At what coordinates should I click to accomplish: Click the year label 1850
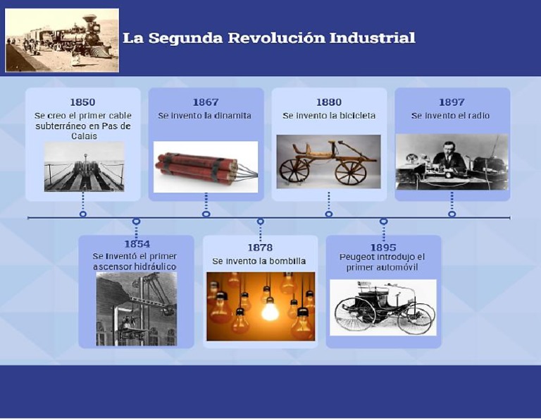coord(82,102)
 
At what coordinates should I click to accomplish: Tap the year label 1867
coord(206,102)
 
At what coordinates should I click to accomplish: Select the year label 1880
coord(329,102)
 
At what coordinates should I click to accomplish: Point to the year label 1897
coord(452,102)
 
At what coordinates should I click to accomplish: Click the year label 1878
coord(260,248)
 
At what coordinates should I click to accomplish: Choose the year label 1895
coord(383,248)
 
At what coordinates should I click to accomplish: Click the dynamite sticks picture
coord(206,166)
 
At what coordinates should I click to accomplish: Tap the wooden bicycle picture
coord(328,162)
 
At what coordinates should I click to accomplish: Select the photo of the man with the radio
coord(452,162)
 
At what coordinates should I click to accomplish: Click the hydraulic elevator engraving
coord(136,309)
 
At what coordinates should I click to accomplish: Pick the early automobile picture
coord(383,307)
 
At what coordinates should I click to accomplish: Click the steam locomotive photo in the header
coord(62,40)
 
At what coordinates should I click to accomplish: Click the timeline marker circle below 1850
coord(83,214)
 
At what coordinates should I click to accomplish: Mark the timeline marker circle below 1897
coord(452,214)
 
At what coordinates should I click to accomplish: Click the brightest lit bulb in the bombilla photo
coord(270,309)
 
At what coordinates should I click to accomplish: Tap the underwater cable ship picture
coord(84,167)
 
